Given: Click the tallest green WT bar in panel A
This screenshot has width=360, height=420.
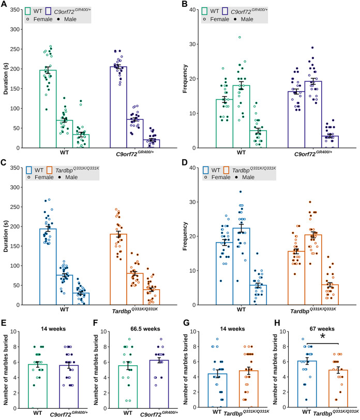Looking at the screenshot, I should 48,109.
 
